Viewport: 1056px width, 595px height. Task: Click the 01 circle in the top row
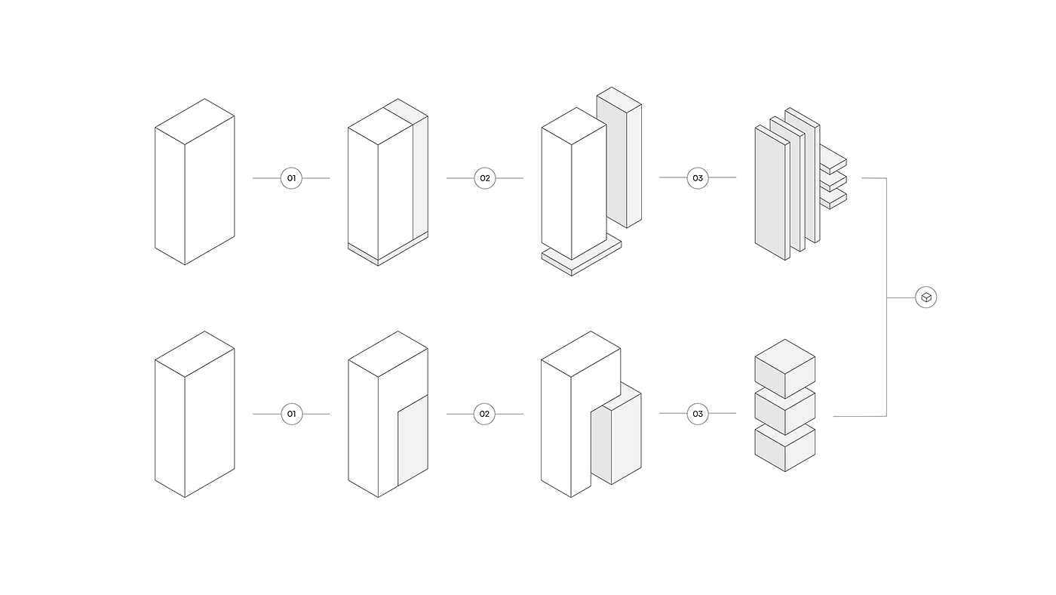pyautogui.click(x=291, y=178)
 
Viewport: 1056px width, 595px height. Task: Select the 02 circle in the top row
pyautogui.click(x=484, y=178)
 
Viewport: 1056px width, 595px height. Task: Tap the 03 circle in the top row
pyautogui.click(x=698, y=178)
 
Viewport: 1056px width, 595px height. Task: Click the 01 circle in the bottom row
pyautogui.click(x=291, y=414)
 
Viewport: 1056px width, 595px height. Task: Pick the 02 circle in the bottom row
pyautogui.click(x=484, y=414)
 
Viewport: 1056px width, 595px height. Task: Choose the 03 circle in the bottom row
pyautogui.click(x=698, y=414)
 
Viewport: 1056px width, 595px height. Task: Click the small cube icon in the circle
pyautogui.click(x=926, y=297)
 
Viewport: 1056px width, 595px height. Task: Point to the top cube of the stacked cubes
pyautogui.click(x=785, y=368)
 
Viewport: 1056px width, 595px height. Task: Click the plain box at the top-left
pyautogui.click(x=195, y=181)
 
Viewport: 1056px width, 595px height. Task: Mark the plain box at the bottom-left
pyautogui.click(x=195, y=414)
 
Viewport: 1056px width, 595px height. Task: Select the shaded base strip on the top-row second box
pyautogui.click(x=388, y=254)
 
